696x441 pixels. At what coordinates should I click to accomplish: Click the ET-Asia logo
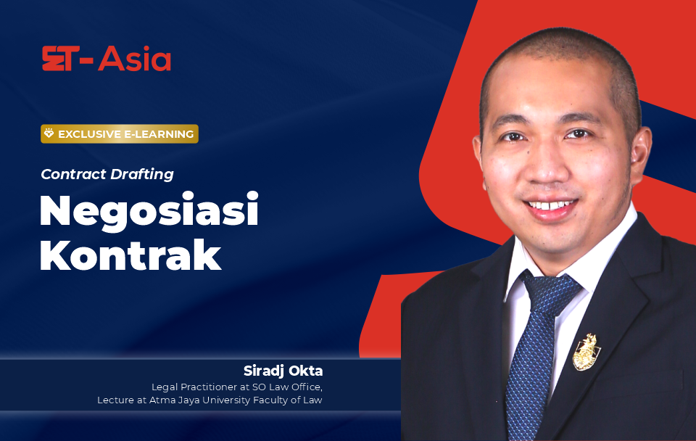point(107,59)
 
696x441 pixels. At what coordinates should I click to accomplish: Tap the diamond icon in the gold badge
point(49,133)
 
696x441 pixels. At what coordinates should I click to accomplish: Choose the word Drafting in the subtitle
point(142,175)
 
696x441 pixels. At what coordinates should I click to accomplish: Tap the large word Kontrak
point(130,255)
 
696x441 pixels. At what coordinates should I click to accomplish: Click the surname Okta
point(306,371)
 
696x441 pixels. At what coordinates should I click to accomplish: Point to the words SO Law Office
point(287,387)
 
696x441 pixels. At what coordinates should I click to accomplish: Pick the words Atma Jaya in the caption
point(175,400)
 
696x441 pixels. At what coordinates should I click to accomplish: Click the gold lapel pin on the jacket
point(587,353)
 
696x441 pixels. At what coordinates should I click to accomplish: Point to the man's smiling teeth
point(550,205)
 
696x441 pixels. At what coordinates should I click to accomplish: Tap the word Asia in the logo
point(135,59)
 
